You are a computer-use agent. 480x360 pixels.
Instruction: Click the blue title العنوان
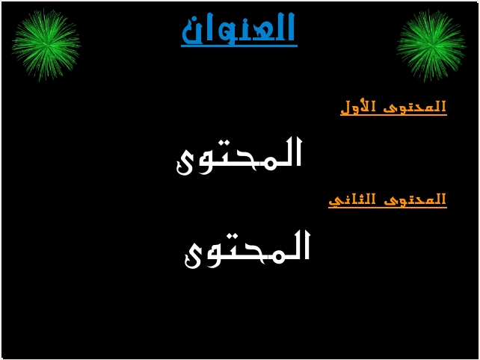point(239,28)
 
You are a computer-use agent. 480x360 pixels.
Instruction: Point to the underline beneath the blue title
point(239,46)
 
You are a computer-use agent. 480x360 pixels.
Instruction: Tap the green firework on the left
point(46,46)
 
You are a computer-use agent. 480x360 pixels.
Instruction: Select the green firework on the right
point(431,46)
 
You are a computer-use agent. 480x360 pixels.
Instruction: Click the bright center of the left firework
point(46,45)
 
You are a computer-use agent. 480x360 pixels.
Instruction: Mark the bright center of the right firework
point(431,46)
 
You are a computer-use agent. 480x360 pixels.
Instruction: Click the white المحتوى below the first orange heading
point(239,156)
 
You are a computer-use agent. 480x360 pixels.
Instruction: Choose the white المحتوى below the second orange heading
point(247,249)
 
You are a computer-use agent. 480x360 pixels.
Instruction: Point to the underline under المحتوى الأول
point(394,115)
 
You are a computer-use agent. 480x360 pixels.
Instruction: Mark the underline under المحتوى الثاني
point(387,208)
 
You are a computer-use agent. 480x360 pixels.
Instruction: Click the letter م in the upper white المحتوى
point(268,161)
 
